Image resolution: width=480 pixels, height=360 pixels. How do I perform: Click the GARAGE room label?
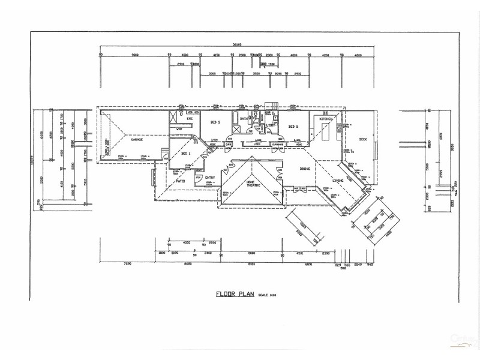tap(136, 139)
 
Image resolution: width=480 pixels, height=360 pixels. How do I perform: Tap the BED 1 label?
tap(185, 154)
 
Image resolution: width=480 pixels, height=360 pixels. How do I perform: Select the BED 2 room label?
tap(293, 127)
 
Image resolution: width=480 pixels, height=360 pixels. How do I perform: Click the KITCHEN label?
tap(326, 119)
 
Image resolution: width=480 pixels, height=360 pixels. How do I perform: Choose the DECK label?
tap(362, 139)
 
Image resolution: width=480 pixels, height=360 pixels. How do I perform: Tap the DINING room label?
tap(306, 169)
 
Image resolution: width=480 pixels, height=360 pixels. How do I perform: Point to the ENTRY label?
tap(210, 178)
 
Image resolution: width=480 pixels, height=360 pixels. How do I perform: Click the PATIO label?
tap(181, 180)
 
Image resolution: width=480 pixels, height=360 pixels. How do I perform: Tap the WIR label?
tap(179, 129)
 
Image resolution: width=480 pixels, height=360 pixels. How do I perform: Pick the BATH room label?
tap(244, 119)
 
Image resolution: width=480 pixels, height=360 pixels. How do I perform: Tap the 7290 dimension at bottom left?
tap(127, 264)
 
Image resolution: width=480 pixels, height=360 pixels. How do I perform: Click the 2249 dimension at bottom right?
tap(358, 264)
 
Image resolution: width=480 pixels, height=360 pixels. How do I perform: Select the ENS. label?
tap(190, 119)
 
